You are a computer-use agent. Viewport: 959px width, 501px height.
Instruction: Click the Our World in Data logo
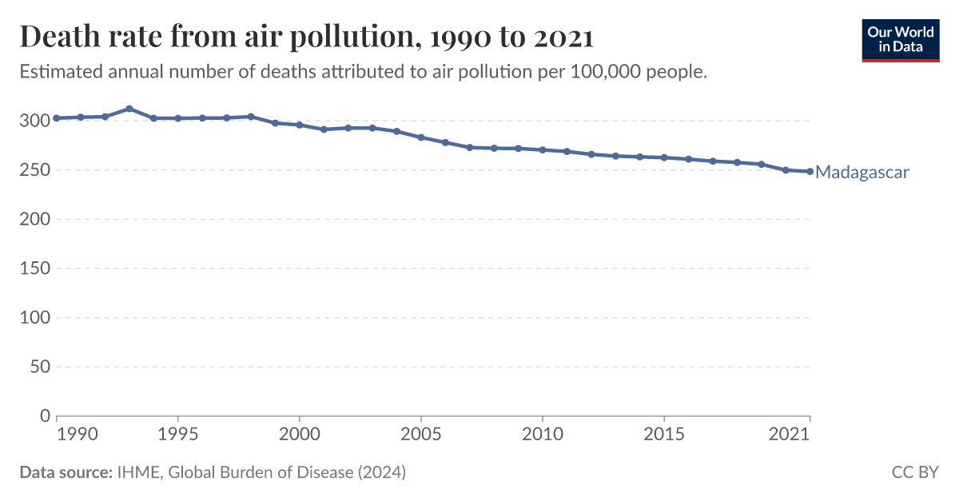pyautogui.click(x=901, y=38)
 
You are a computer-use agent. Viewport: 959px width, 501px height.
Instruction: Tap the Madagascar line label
pyautogui.click(x=862, y=172)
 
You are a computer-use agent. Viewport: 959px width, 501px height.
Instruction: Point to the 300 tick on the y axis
pyautogui.click(x=34, y=121)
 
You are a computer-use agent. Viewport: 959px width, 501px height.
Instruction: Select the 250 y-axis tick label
pyautogui.click(x=34, y=170)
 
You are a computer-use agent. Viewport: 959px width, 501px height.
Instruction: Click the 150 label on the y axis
pyautogui.click(x=34, y=268)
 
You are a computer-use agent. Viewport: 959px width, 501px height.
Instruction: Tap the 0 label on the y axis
pyautogui.click(x=45, y=416)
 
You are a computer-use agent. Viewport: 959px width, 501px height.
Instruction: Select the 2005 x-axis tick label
pyautogui.click(x=421, y=434)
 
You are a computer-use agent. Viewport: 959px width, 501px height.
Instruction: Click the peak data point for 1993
pyautogui.click(x=129, y=109)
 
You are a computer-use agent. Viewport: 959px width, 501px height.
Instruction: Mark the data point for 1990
pyautogui.click(x=57, y=118)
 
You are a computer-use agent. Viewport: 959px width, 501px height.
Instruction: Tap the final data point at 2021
pyautogui.click(x=810, y=171)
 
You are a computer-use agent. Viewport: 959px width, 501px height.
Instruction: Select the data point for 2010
pyautogui.click(x=543, y=149)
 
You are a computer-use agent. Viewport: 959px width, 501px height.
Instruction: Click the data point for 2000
pyautogui.click(x=300, y=125)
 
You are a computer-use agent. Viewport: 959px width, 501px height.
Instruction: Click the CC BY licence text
pyautogui.click(x=915, y=472)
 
